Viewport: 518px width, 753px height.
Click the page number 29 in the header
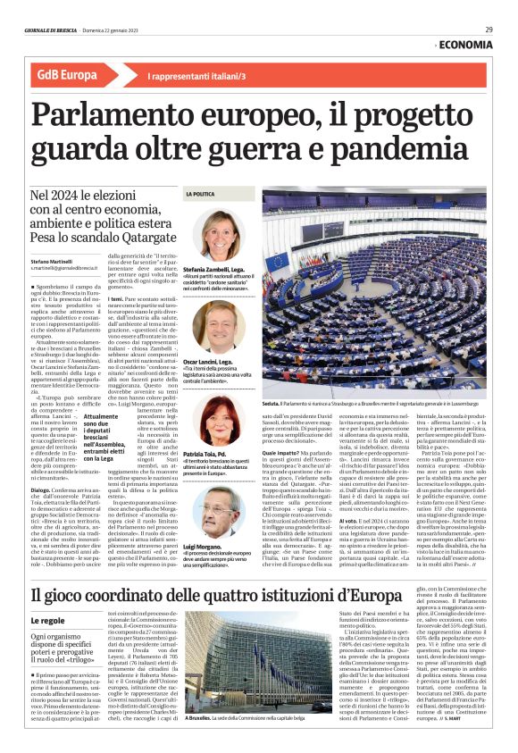coord(489,29)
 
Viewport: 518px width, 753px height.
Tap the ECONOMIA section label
coord(465,45)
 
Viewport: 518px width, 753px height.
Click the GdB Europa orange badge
coord(68,75)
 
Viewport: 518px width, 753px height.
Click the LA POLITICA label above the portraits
coord(200,193)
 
